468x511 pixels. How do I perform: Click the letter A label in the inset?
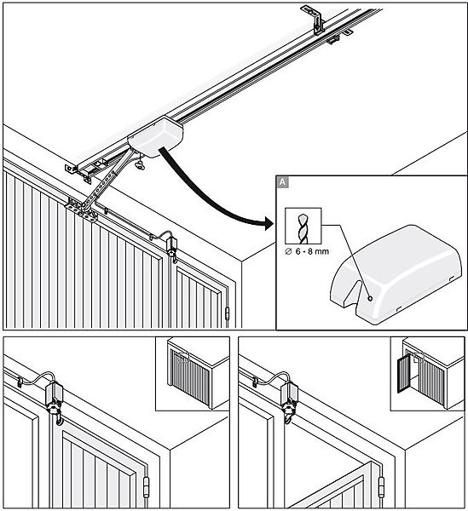point(282,182)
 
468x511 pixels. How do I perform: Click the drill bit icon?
point(303,226)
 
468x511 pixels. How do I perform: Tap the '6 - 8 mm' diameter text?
point(307,251)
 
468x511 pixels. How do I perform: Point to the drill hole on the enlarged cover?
point(370,298)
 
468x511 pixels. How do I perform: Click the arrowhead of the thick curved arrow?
point(268,223)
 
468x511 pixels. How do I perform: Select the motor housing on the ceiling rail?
point(155,137)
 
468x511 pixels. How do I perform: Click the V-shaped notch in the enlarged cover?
point(354,293)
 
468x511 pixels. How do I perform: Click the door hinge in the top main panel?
point(228,313)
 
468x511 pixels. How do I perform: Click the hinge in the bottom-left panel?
point(146,487)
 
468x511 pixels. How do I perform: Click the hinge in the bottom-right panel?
point(381,487)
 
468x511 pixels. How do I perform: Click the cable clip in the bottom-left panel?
point(20,382)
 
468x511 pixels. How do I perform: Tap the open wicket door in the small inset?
point(403,374)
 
